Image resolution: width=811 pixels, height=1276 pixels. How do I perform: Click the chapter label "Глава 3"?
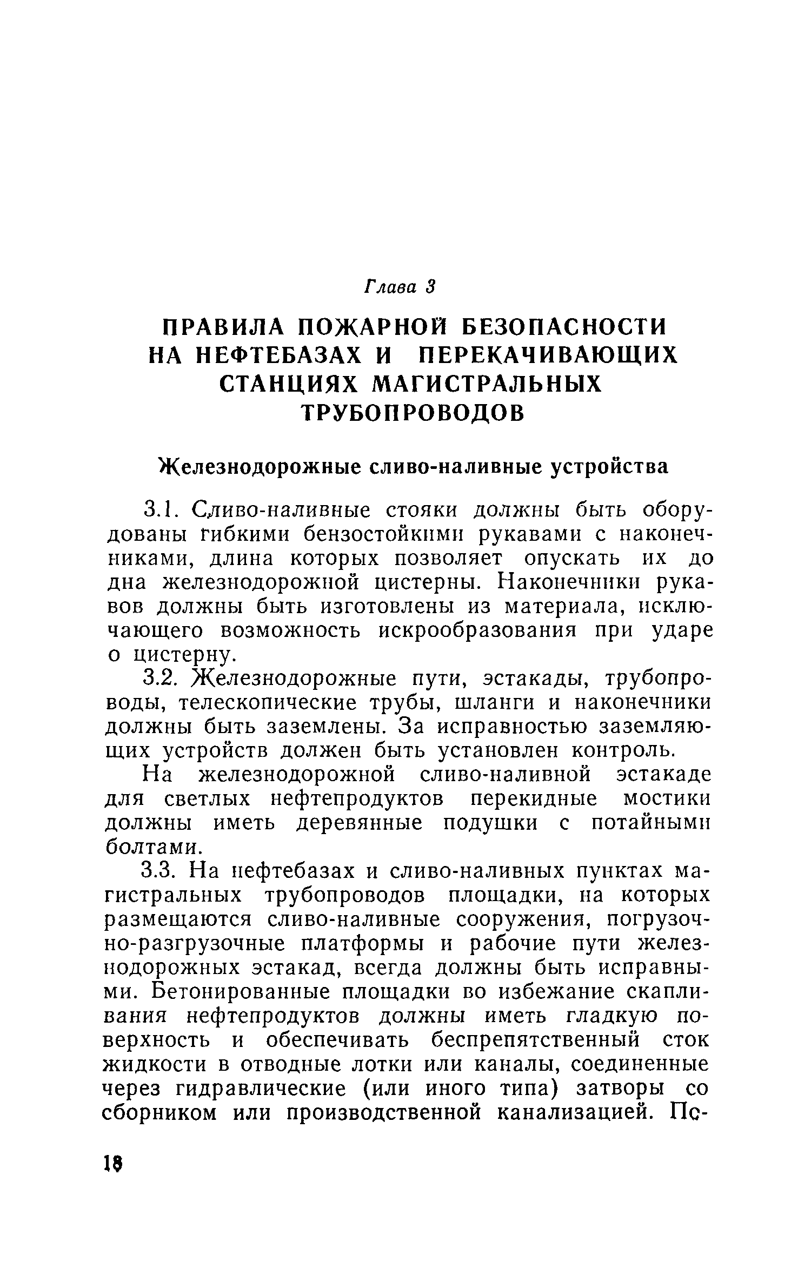tap(400, 286)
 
